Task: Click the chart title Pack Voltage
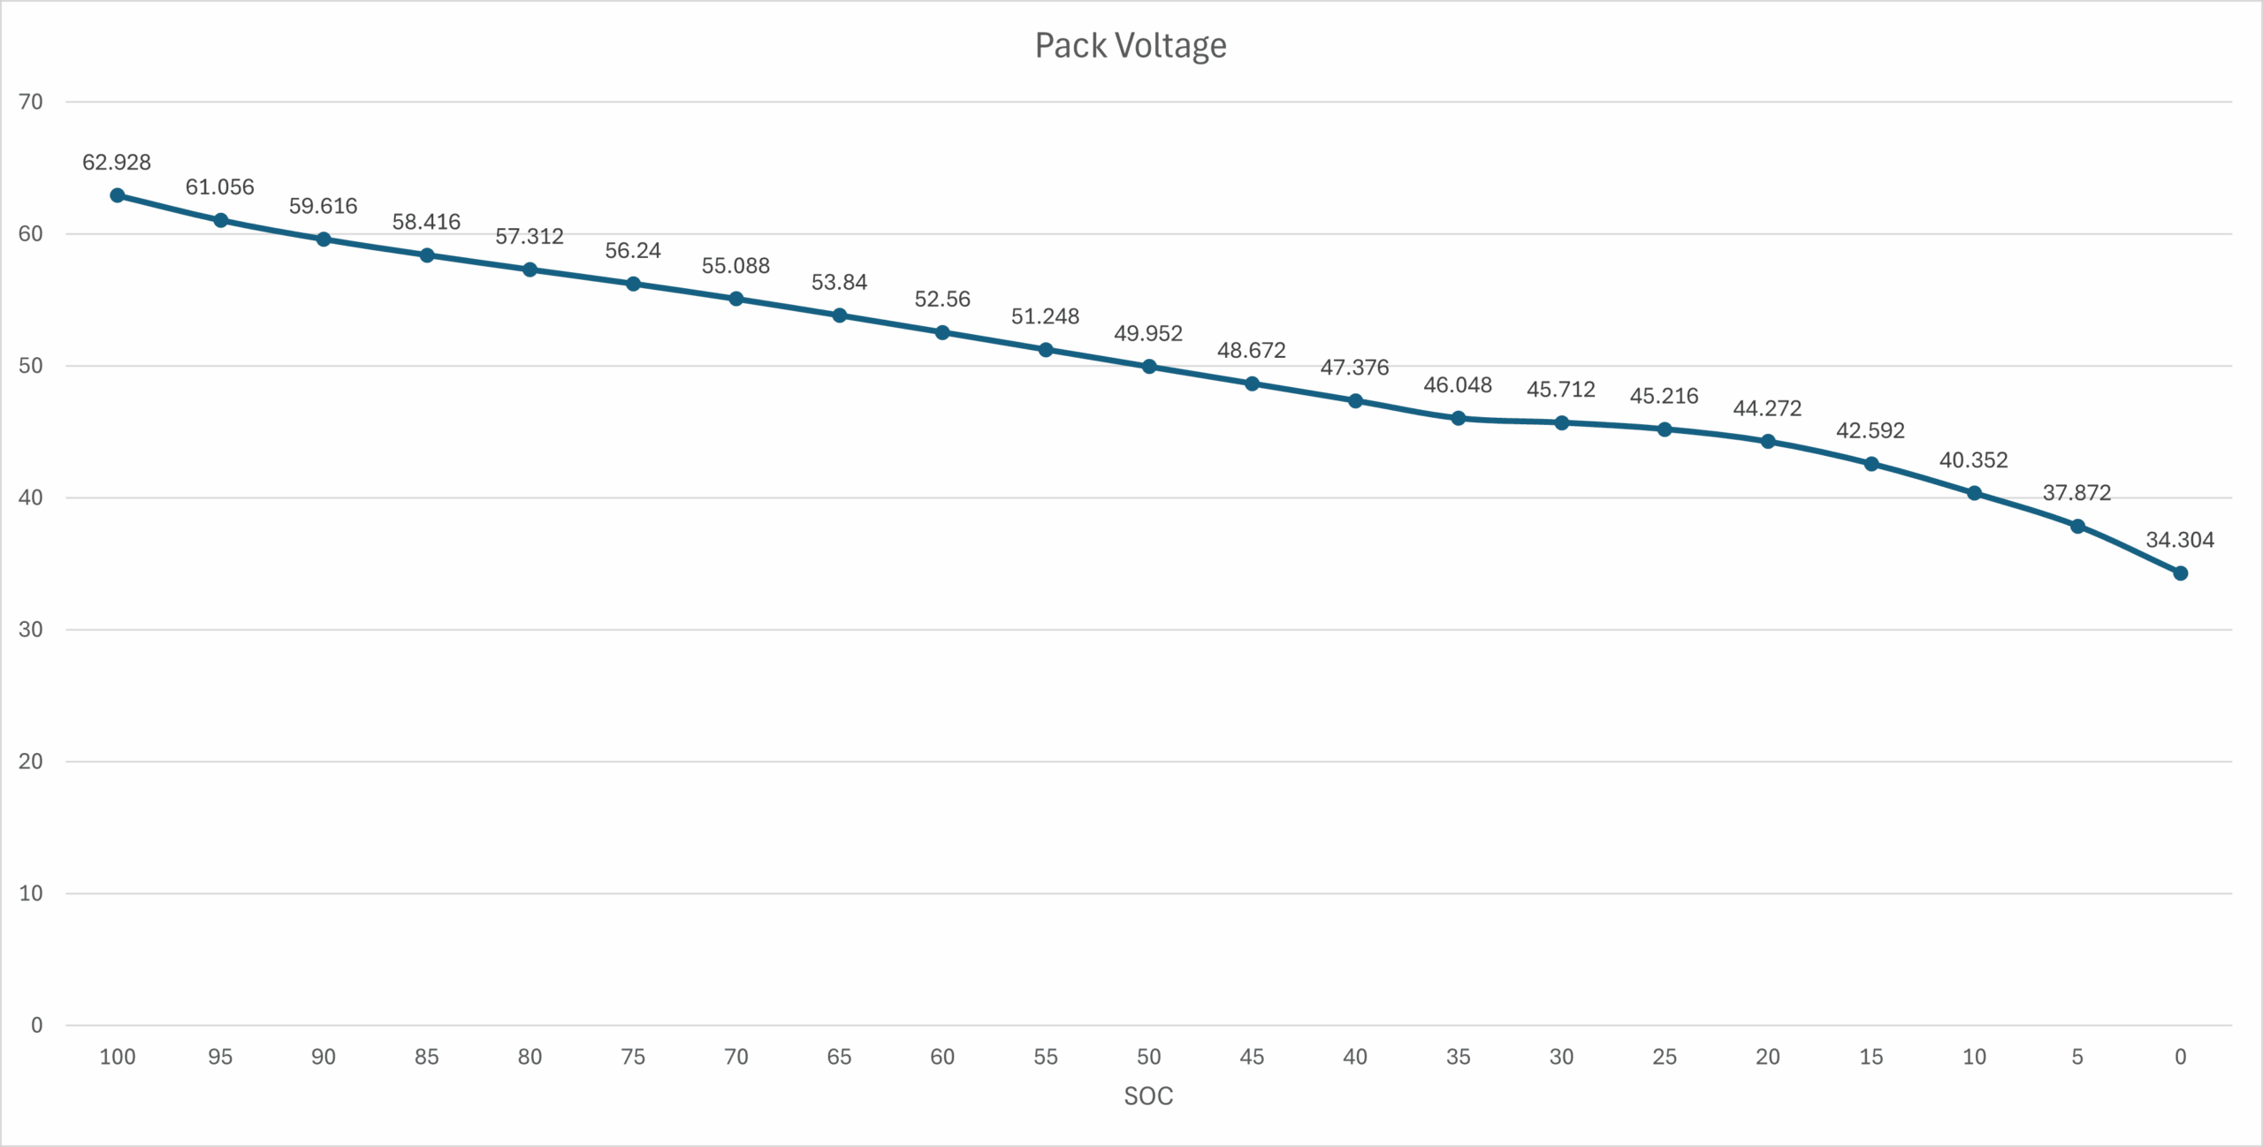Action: [1131, 46]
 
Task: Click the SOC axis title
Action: [1148, 1096]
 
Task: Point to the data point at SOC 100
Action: [118, 195]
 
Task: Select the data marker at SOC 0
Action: [2180, 573]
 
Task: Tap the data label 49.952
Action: [1147, 333]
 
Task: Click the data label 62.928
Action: [117, 163]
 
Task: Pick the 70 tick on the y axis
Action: [31, 103]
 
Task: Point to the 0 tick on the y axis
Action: [36, 1025]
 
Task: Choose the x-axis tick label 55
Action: [1045, 1057]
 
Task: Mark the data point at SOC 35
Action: [1459, 418]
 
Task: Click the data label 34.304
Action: [2180, 540]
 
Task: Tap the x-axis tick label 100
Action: [118, 1057]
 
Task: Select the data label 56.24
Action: [633, 251]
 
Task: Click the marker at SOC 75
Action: [633, 284]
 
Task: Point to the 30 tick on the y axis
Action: [31, 630]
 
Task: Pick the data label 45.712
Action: [1561, 390]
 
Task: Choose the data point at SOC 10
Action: [1974, 493]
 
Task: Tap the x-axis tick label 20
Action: [1767, 1057]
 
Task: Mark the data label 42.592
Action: [1871, 431]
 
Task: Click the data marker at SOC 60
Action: [942, 332]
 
